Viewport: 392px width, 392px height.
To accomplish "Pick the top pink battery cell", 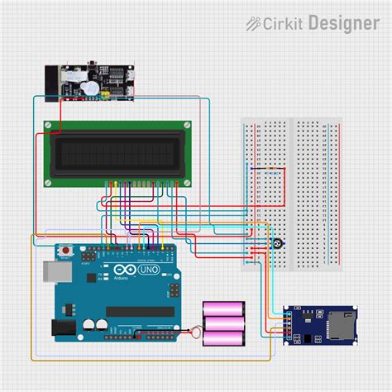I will click(224, 308).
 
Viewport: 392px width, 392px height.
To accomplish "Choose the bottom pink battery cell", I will click(224, 337).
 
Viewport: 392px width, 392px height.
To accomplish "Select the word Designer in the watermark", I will click(343, 24).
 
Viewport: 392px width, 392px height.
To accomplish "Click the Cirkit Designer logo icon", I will click(255, 24).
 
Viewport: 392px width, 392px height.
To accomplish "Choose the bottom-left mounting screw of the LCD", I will click(49, 181).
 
